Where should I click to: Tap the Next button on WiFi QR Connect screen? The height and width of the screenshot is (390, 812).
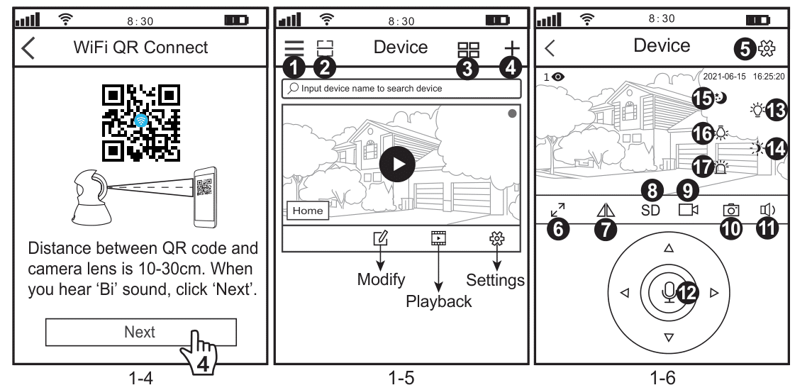click(x=140, y=331)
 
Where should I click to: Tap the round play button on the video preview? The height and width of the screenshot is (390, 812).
click(x=397, y=162)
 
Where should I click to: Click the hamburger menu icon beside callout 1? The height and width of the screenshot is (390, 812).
click(x=295, y=48)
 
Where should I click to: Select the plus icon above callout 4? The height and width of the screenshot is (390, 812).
click(x=511, y=48)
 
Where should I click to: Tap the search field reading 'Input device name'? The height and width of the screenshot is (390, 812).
click(x=401, y=89)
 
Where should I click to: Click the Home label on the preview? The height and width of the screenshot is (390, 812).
click(x=306, y=211)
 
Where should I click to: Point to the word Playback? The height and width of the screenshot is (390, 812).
click(x=439, y=301)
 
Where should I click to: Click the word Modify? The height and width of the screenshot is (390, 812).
click(x=381, y=279)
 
